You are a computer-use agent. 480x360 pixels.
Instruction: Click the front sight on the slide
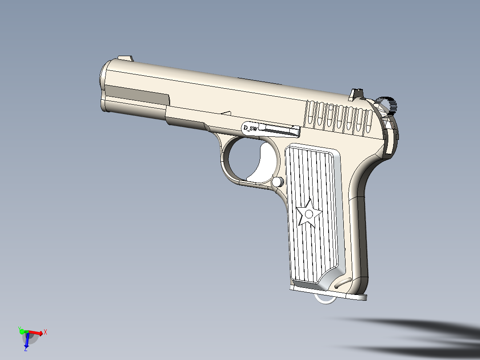[x=125, y=58]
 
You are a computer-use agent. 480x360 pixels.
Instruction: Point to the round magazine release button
[x=277, y=181]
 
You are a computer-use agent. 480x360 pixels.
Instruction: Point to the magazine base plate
[x=329, y=292]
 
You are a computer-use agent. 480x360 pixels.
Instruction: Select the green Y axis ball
[x=21, y=330]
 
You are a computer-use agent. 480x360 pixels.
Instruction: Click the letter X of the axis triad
[x=45, y=332]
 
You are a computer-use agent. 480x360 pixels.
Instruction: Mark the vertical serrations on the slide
[x=338, y=118]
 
